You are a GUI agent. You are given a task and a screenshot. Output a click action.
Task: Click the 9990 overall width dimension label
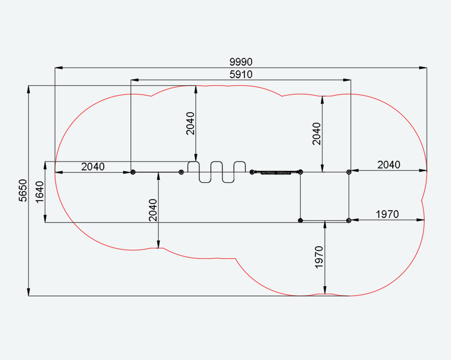point(241,62)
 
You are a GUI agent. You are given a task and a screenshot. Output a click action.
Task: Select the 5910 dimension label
point(241,74)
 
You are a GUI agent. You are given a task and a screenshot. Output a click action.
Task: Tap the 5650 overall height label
point(23,190)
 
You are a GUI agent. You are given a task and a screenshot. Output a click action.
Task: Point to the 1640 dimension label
point(40,192)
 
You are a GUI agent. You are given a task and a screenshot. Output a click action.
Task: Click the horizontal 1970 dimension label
point(387,214)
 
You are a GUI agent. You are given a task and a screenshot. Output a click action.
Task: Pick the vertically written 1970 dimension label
point(319,257)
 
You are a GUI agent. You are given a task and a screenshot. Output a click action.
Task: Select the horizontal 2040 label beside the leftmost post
point(93,166)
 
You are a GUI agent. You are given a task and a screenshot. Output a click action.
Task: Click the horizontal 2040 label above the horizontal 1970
point(389,165)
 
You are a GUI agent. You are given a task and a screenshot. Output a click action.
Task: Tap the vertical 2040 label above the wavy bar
point(190,124)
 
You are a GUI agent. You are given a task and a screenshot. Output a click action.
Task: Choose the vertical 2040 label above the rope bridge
point(317,134)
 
